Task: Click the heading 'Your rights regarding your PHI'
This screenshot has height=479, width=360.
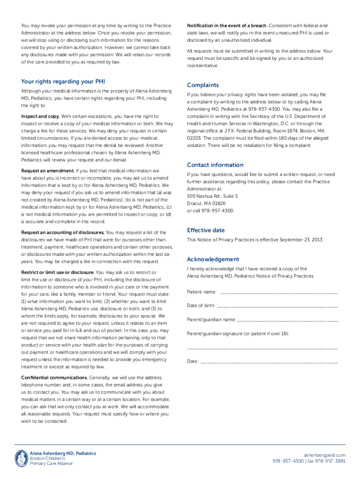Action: coord(63,81)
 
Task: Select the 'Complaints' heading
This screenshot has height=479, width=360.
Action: coord(203,85)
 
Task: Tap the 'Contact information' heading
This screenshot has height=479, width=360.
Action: coord(215,165)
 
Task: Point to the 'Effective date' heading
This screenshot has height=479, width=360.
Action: coord(206,230)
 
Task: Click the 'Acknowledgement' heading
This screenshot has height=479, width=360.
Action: coord(213,259)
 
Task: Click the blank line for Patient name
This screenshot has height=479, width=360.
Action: coord(278,292)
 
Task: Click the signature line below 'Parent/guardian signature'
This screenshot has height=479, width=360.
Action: coord(262,348)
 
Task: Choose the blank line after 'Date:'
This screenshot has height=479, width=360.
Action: coord(269,362)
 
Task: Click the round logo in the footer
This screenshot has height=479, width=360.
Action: coord(22,458)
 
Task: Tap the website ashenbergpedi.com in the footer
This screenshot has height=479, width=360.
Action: coord(324,455)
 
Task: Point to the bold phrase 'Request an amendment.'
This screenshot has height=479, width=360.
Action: coord(48,171)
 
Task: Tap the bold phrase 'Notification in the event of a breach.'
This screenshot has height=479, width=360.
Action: coord(227,25)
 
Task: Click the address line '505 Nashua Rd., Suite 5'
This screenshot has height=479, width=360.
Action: coord(212,196)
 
